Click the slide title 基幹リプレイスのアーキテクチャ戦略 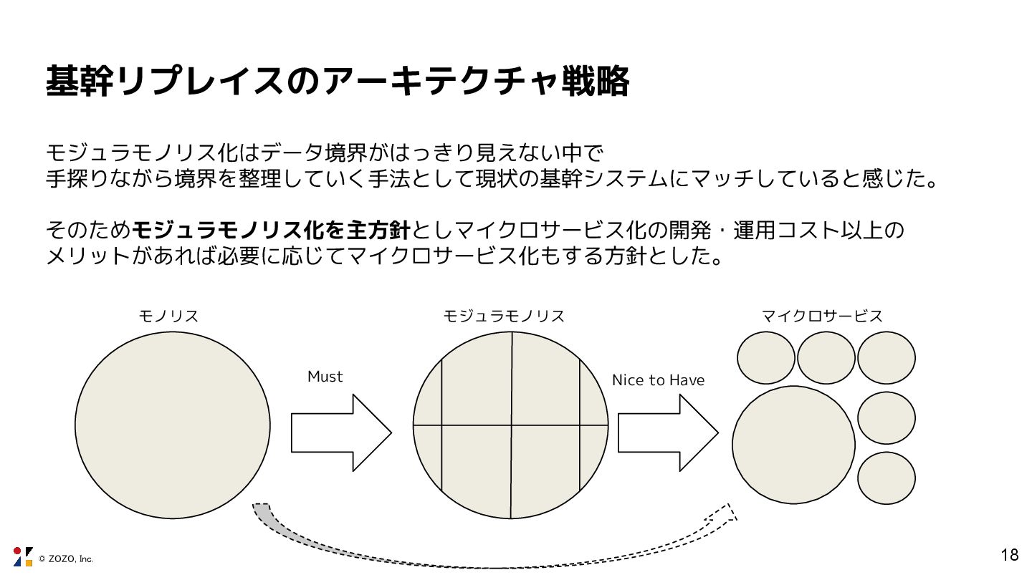click(337, 82)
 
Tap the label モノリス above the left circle click(168, 316)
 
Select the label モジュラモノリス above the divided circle click(504, 316)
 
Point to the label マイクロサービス click(822, 316)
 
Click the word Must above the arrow click(325, 377)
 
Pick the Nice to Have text click(658, 380)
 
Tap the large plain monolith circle click(173, 425)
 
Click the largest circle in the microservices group click(793, 445)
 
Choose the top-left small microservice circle click(766, 358)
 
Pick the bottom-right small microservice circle click(887, 478)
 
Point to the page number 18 click(1009, 555)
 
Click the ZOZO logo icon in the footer click(23, 556)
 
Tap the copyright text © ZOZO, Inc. click(66, 559)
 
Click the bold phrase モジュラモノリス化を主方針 click(272, 231)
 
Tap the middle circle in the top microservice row click(826, 358)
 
